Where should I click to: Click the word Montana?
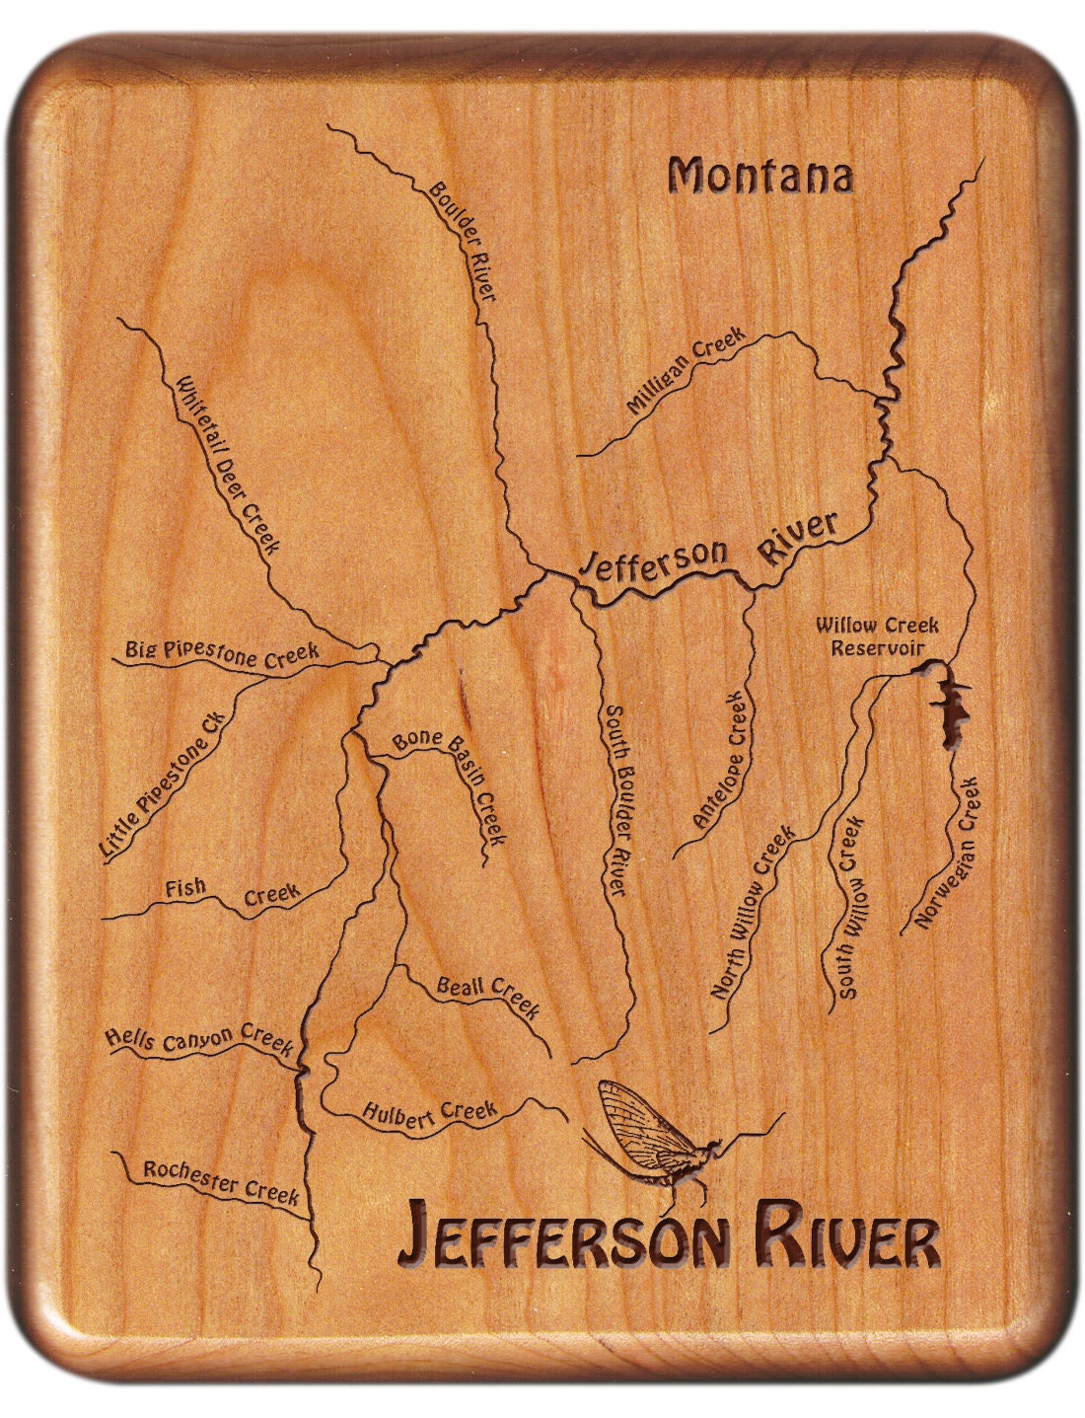759,177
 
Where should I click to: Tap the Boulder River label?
462,241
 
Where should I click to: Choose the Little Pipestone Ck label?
165,782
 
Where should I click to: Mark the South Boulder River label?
615,800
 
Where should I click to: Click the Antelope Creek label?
723,761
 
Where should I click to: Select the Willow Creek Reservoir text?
877,636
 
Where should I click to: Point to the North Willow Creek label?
753,913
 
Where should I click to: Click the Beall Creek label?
488,996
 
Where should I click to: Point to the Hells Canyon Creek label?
199,1039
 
